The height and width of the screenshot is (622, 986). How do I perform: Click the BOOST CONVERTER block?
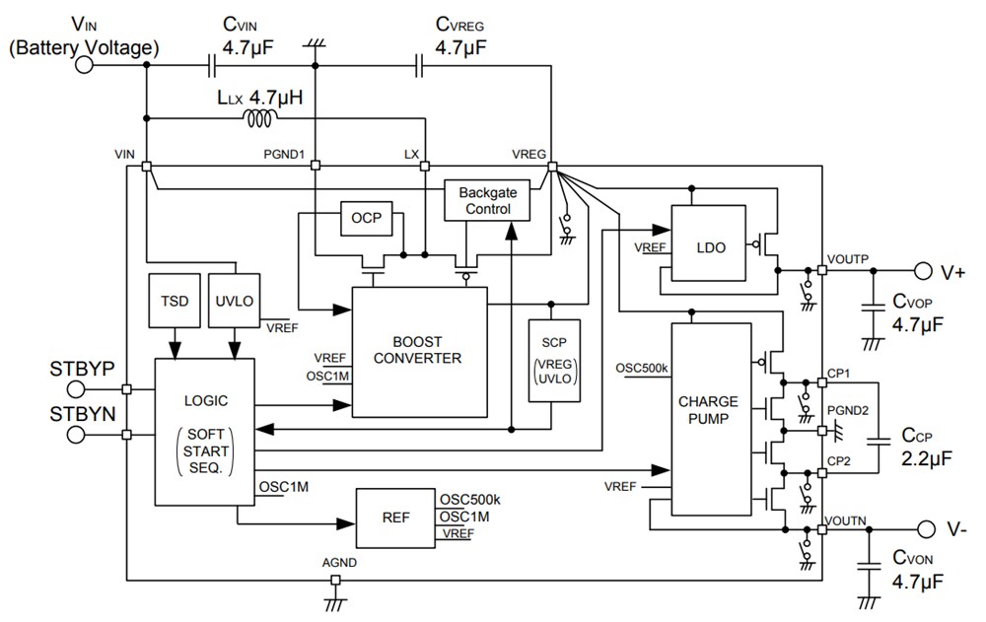[x=418, y=350]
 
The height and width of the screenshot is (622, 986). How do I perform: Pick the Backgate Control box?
[x=487, y=201]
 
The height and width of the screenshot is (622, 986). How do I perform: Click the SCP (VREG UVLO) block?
[x=554, y=360]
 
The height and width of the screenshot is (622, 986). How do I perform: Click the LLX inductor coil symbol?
[x=260, y=118]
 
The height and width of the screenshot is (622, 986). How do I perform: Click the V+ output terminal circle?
[x=923, y=270]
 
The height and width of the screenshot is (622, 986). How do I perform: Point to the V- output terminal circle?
[x=923, y=529]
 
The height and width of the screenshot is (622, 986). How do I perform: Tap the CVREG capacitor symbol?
[x=421, y=65]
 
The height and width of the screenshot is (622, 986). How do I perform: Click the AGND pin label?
[x=339, y=562]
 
